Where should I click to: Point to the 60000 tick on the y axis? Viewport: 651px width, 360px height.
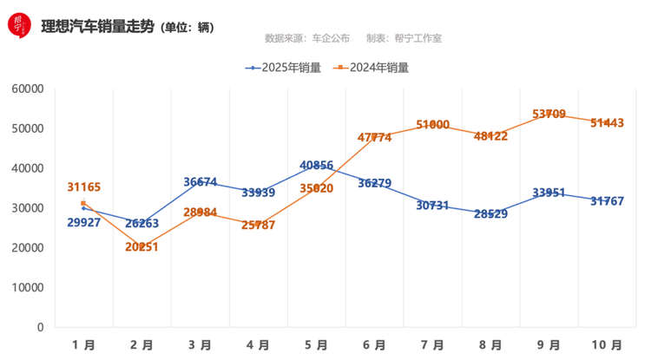(x=27, y=88)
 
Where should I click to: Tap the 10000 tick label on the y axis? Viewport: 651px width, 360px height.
(x=27, y=287)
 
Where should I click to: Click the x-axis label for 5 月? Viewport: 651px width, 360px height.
(x=316, y=344)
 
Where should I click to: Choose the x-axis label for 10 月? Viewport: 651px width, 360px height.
(x=605, y=344)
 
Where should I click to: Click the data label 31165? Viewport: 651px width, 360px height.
(x=84, y=187)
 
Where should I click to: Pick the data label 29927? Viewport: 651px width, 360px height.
(x=83, y=222)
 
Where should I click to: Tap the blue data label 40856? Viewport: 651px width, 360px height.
(x=317, y=165)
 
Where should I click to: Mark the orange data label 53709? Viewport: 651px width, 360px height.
(x=549, y=114)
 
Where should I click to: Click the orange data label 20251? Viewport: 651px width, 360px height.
(x=143, y=246)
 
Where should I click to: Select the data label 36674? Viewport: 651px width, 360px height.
(x=201, y=182)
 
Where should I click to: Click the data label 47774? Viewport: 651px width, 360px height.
(x=375, y=137)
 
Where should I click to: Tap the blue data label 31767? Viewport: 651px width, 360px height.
(x=607, y=201)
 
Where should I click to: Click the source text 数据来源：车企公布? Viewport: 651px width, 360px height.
(x=307, y=39)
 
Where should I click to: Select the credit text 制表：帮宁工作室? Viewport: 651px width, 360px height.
(x=404, y=39)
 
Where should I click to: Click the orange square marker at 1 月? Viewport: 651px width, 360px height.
(x=83, y=203)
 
